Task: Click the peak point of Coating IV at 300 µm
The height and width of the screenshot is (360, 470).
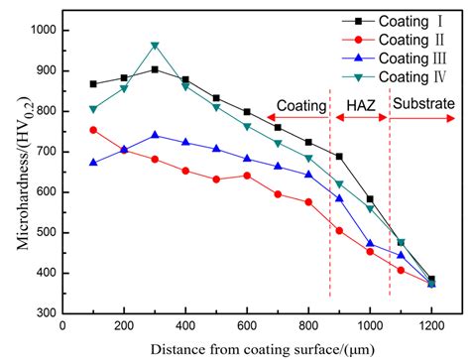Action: (155, 46)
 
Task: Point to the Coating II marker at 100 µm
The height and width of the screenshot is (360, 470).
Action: (93, 130)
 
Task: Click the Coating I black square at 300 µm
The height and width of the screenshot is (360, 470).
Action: (155, 69)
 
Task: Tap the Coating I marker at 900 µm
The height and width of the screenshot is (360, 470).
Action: (339, 157)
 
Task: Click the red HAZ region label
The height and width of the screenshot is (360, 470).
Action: (359, 103)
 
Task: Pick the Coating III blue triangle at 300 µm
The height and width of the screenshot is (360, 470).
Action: (155, 136)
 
